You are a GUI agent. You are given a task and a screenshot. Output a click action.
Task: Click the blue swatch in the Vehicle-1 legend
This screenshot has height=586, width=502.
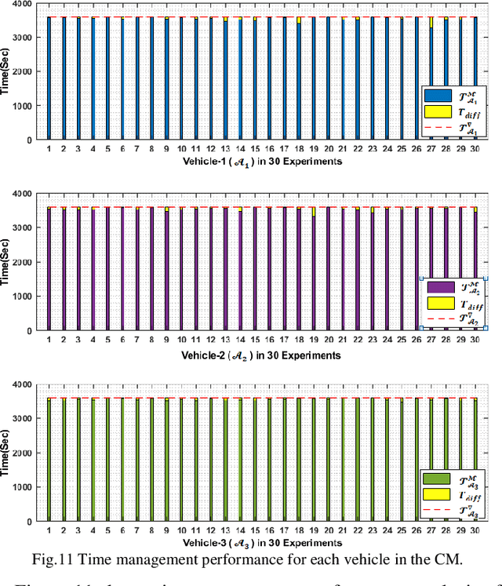(x=435, y=95)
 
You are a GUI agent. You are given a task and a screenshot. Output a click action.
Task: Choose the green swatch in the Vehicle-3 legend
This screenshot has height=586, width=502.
(x=435, y=479)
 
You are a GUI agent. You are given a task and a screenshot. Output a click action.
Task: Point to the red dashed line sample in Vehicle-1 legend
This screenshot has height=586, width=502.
(x=435, y=129)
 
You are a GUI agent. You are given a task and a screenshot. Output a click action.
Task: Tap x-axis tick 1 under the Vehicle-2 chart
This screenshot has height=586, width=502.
(x=49, y=339)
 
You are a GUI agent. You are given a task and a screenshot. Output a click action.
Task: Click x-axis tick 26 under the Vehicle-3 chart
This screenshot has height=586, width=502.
(x=416, y=530)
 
